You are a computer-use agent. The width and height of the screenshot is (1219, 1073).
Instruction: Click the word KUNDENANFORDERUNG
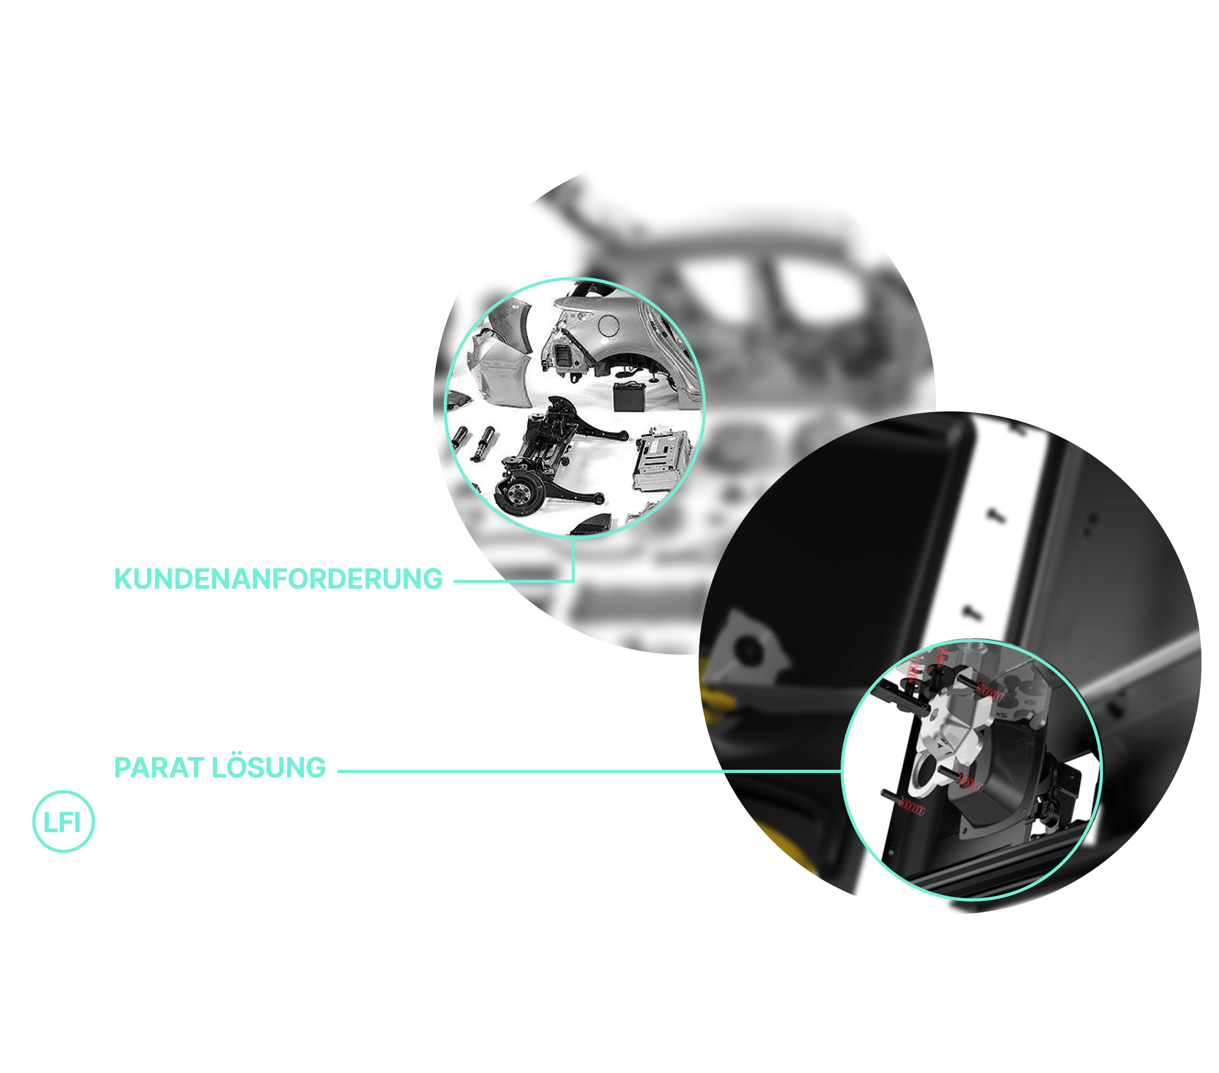click(278, 578)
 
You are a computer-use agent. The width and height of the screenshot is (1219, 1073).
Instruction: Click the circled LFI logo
click(63, 821)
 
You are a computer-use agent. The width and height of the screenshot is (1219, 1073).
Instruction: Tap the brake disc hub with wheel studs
click(517, 493)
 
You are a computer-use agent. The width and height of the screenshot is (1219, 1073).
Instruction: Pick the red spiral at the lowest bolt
click(912, 809)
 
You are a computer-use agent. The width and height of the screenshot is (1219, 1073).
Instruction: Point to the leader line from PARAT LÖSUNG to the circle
click(589, 771)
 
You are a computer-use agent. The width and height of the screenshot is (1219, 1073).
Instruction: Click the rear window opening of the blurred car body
click(817, 286)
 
